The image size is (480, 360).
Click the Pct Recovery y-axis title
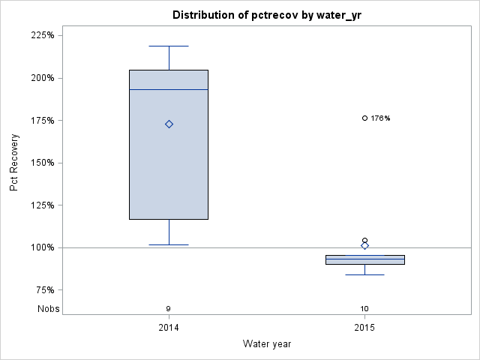(15, 163)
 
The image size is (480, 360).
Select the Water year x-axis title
(267, 343)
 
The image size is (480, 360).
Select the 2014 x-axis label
(169, 328)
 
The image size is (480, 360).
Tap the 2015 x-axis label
(365, 328)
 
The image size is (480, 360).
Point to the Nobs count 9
(169, 308)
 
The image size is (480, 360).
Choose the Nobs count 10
(365, 308)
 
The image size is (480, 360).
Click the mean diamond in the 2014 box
(169, 124)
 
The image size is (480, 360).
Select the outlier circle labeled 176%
(365, 118)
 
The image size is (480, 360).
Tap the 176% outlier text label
(381, 118)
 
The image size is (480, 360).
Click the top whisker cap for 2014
(169, 46)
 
